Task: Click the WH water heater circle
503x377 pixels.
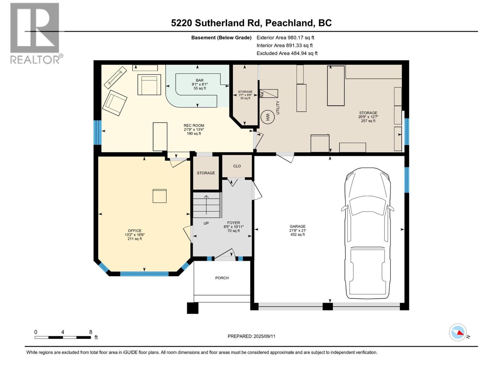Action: [x=268, y=117]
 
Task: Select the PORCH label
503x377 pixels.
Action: [x=222, y=278]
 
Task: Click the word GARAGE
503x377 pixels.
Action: [x=297, y=226]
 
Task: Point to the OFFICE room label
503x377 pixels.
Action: [x=135, y=231]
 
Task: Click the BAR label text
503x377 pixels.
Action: [x=200, y=80]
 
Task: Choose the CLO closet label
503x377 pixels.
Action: [x=237, y=166]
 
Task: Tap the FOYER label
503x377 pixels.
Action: [x=234, y=223]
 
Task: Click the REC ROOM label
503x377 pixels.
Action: [x=194, y=125]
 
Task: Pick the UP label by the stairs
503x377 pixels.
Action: [x=206, y=223]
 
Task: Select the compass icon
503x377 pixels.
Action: [x=458, y=332]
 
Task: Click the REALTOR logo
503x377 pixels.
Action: [x=35, y=33]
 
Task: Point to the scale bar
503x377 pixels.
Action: [x=63, y=337]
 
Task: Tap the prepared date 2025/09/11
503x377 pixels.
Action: [x=251, y=336]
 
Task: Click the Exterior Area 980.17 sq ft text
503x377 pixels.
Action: [x=285, y=38]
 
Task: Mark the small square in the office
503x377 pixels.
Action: [x=160, y=196]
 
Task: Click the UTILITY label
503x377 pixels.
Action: [x=278, y=107]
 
